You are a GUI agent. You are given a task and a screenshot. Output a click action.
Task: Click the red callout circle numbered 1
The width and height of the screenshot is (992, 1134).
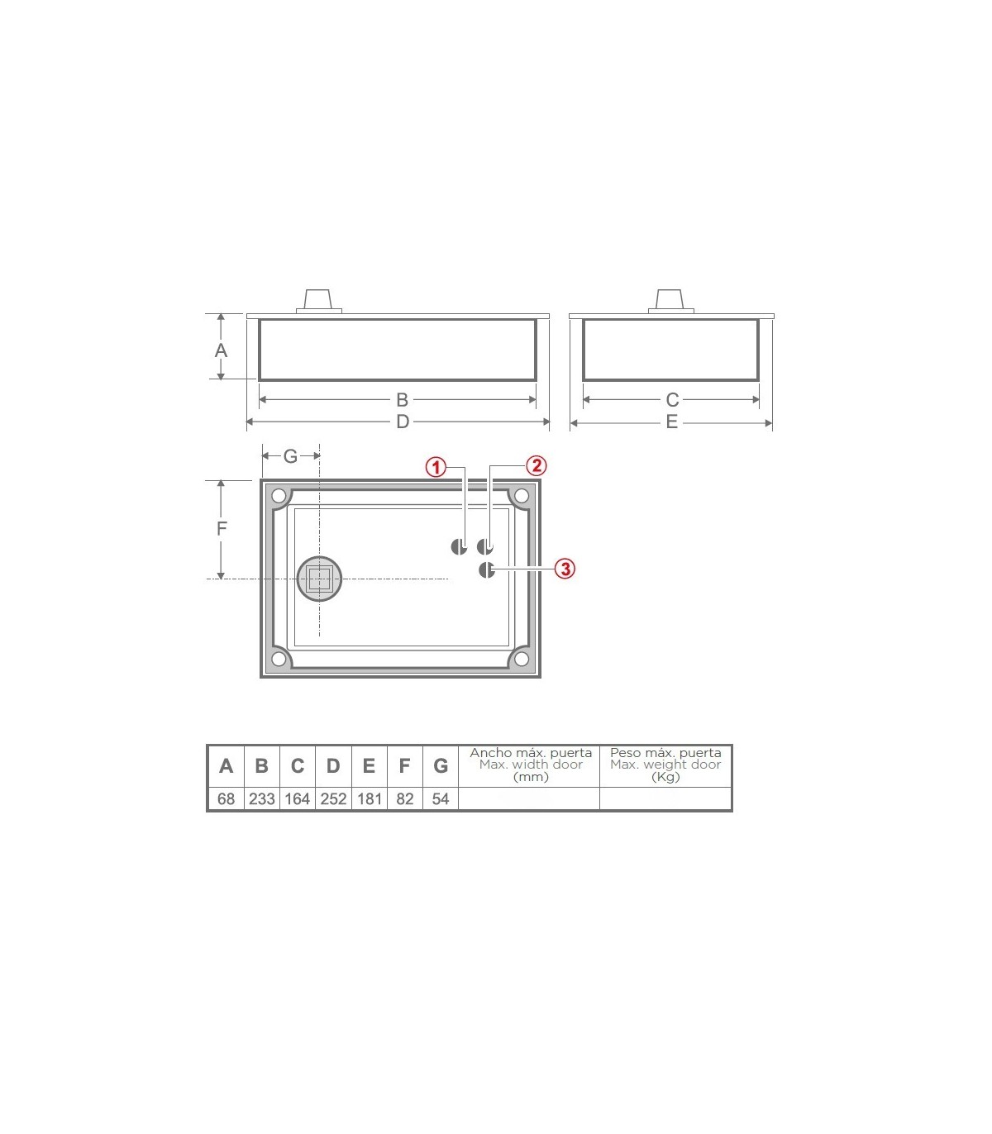(436, 467)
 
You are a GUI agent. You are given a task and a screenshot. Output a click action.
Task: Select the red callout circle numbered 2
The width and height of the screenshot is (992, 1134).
(537, 465)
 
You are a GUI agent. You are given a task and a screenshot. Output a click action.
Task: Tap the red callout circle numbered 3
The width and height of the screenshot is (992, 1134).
(565, 569)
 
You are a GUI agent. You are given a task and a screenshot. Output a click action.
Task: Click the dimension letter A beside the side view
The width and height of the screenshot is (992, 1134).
(221, 350)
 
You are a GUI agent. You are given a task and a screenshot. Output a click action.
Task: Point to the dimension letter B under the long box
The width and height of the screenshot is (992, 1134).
(403, 399)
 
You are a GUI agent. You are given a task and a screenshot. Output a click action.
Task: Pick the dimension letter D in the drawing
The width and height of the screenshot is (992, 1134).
(403, 422)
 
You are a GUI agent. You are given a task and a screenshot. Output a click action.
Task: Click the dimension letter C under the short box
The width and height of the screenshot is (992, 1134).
(672, 399)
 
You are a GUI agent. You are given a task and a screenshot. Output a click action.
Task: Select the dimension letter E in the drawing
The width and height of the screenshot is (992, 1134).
(672, 422)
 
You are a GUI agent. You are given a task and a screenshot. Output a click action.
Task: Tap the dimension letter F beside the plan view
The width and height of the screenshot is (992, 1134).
(222, 529)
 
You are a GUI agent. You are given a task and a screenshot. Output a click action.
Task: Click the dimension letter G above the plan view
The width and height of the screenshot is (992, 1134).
(290, 456)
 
